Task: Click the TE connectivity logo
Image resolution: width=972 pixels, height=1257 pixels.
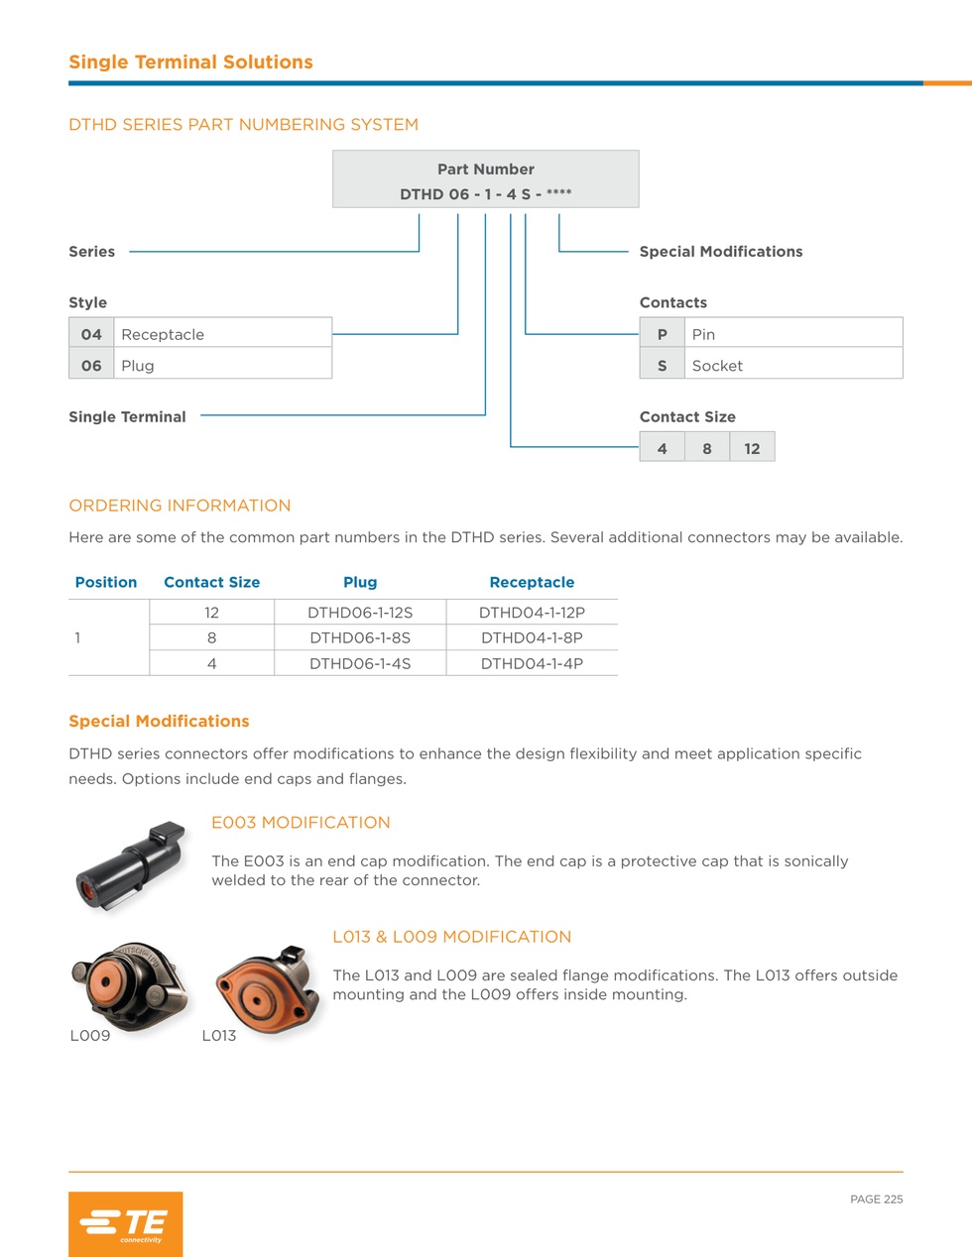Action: (126, 1223)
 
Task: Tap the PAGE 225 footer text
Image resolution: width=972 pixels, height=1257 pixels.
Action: (876, 1200)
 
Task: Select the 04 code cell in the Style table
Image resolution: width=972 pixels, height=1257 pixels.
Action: (91, 334)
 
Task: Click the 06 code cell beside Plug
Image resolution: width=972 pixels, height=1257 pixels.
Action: (91, 365)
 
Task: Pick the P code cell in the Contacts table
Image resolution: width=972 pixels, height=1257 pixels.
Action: (662, 334)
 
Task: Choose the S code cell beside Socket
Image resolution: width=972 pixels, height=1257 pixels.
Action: (662, 365)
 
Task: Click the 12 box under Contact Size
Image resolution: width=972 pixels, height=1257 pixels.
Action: (752, 448)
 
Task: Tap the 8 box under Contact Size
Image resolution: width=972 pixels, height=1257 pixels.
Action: (707, 448)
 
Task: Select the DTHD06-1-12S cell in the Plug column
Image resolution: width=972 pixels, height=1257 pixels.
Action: (360, 612)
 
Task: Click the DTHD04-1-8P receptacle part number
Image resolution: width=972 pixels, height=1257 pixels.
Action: (532, 637)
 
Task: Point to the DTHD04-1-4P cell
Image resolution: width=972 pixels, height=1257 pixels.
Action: (532, 663)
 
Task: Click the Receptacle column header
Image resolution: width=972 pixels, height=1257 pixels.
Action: (532, 582)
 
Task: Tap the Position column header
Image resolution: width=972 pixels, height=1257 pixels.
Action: (106, 582)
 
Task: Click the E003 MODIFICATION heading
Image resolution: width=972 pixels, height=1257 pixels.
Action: (301, 822)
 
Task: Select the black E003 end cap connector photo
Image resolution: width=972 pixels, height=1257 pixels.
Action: (131, 866)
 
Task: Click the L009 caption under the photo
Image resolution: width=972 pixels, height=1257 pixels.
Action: (89, 1036)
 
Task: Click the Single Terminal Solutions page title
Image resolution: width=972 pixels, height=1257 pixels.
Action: (190, 61)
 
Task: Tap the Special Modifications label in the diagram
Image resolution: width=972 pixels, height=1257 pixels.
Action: (721, 251)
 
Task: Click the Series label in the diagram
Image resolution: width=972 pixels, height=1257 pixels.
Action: (91, 251)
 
